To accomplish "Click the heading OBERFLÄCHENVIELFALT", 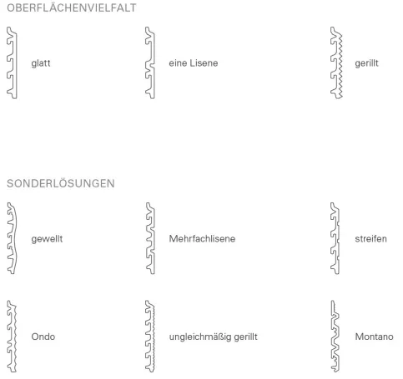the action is click(x=72, y=7).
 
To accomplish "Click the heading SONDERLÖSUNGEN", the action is click(x=61, y=183).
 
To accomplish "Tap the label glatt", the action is click(x=41, y=63).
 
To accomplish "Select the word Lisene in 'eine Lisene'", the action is click(x=204, y=63).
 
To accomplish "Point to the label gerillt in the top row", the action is click(x=366, y=63).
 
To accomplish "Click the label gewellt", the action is click(x=47, y=239).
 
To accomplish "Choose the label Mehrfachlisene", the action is click(x=202, y=238).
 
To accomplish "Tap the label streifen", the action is click(x=370, y=238).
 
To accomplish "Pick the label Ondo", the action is click(x=43, y=337).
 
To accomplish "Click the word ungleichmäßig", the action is click(x=200, y=337).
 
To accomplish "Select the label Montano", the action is click(x=374, y=337).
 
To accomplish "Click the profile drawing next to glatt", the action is click(x=15, y=62).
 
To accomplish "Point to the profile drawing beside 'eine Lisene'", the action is click(x=153, y=62).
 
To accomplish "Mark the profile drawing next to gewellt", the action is click(x=15, y=238).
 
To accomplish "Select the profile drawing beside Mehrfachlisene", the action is click(x=153, y=238).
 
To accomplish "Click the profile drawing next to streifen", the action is click(x=338, y=238).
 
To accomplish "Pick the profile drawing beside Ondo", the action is click(x=14, y=337).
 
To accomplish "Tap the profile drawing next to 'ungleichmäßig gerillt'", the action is click(x=153, y=337).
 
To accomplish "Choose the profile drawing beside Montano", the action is click(x=337, y=337).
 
